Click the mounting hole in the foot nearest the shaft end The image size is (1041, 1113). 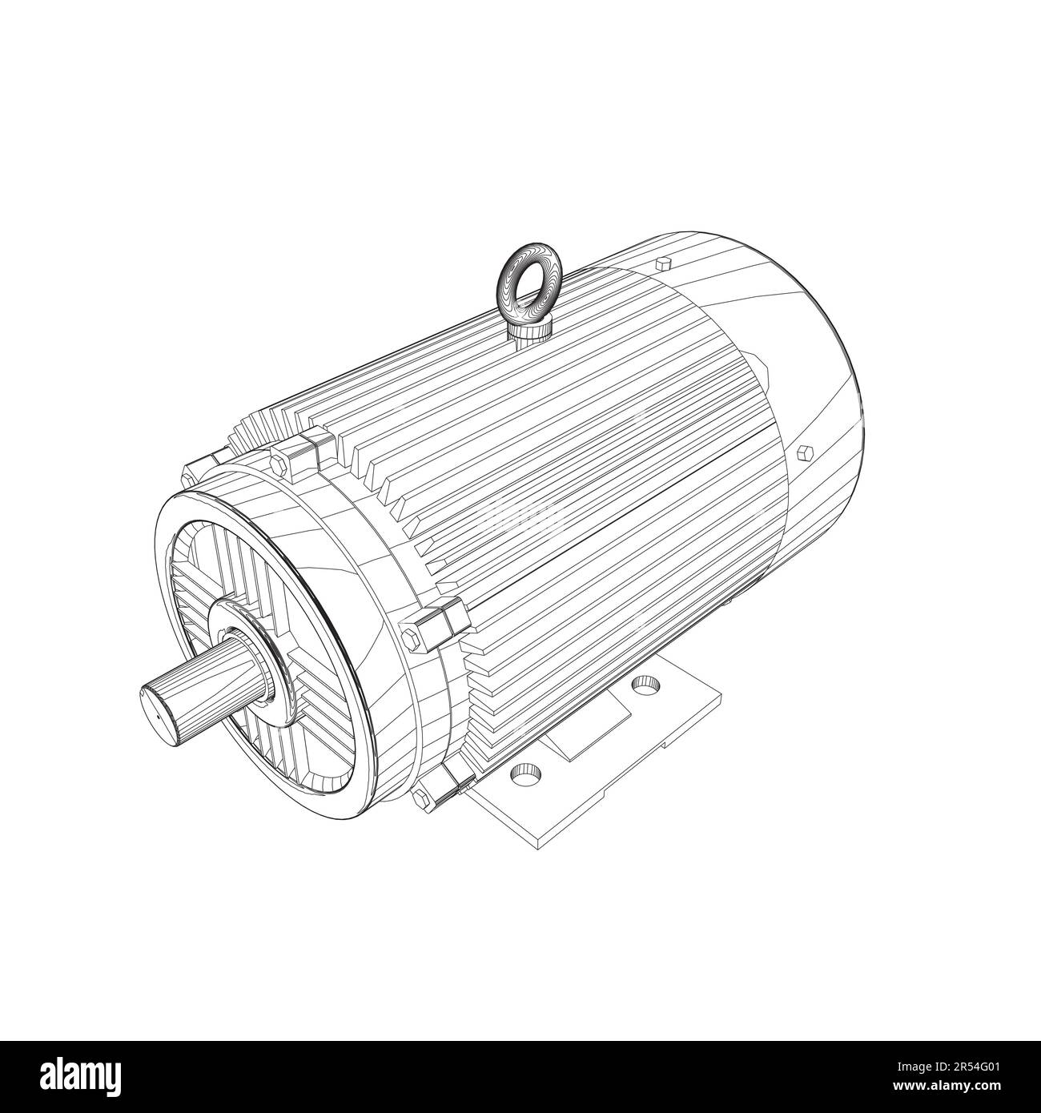[525, 773]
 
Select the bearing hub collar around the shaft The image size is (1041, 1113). [244, 633]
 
